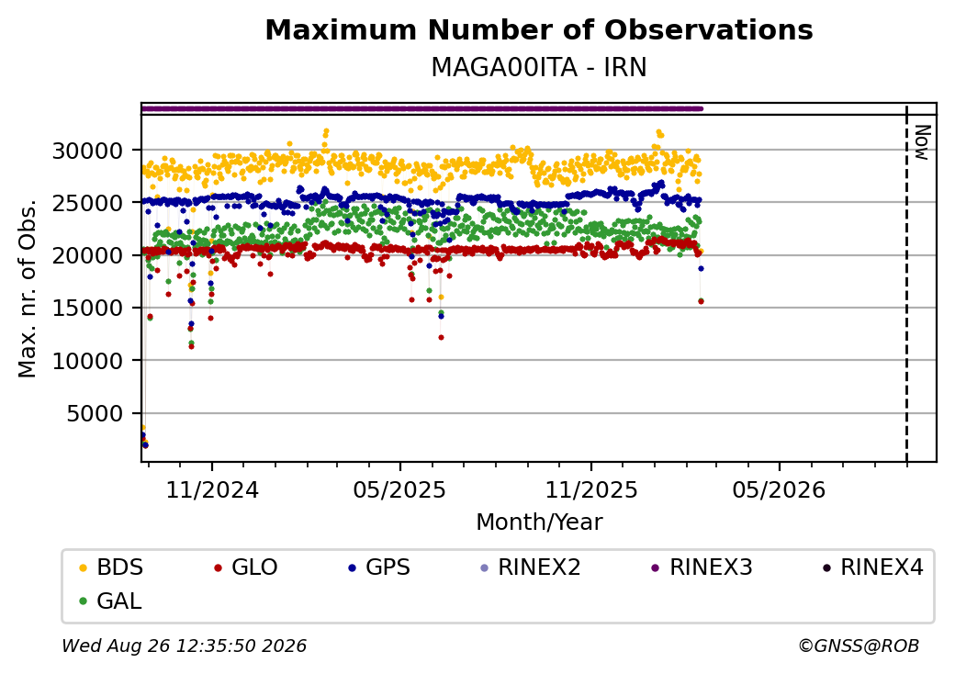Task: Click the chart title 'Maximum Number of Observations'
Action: [539, 29]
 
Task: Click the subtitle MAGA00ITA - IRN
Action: [539, 68]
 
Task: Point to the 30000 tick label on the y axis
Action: [88, 151]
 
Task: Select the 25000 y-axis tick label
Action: [88, 203]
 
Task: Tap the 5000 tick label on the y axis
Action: [95, 413]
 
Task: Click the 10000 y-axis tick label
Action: [88, 361]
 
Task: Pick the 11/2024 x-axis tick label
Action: [212, 490]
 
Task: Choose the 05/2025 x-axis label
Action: [399, 490]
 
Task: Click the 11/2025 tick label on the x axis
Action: [590, 490]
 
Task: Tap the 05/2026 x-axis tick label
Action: [779, 490]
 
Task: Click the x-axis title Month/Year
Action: [539, 522]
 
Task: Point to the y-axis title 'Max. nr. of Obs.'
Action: [28, 288]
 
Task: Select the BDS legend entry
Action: [111, 567]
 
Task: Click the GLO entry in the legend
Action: [246, 567]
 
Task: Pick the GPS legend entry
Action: [379, 567]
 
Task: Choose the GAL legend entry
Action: [111, 601]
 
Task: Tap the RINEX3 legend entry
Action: [702, 567]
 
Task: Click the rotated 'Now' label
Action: [922, 142]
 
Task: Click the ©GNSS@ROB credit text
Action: [859, 646]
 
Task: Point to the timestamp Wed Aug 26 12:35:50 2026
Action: [185, 646]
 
